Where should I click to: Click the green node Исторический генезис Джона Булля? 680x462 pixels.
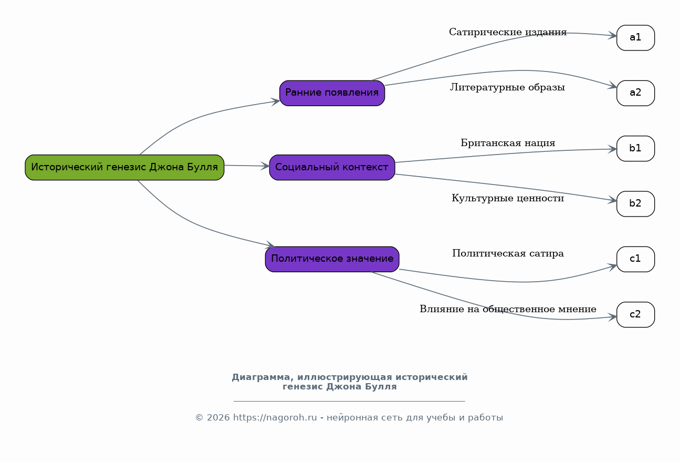(x=124, y=168)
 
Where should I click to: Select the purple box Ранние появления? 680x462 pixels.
(x=332, y=93)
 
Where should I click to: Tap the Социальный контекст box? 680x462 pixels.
(x=332, y=168)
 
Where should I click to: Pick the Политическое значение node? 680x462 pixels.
(x=332, y=259)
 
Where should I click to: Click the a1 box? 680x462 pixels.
(x=635, y=38)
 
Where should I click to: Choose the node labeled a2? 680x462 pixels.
(x=635, y=93)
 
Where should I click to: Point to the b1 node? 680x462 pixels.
(x=635, y=148)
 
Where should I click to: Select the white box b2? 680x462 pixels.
(x=635, y=203)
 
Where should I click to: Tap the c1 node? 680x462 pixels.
(x=635, y=259)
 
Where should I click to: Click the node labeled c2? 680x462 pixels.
(x=635, y=315)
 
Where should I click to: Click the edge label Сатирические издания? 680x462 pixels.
(x=508, y=32)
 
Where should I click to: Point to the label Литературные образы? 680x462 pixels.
(x=508, y=88)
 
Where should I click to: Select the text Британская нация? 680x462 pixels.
(x=508, y=143)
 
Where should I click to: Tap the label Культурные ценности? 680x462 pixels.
(x=508, y=198)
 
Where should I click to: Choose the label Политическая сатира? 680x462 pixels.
(x=508, y=253)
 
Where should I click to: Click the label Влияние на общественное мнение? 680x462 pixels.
(x=508, y=309)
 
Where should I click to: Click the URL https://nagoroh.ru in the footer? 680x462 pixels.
(x=275, y=418)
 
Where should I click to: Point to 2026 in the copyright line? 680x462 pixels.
(x=218, y=418)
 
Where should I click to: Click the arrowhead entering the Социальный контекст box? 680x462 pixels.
(x=265, y=166)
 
